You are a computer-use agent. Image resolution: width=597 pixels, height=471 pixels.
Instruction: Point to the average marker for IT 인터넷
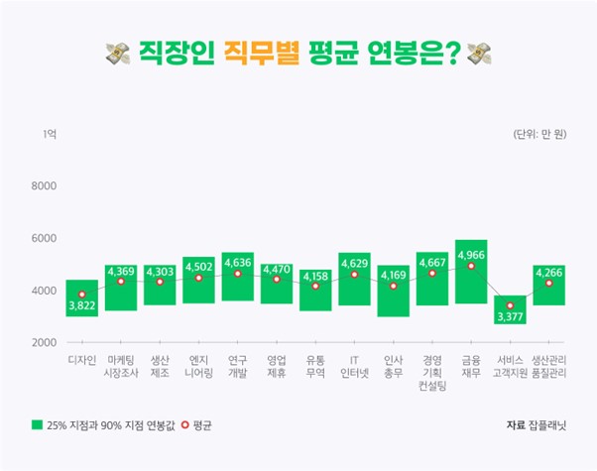point(354,274)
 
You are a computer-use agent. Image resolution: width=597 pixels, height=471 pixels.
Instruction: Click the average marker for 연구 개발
point(237,273)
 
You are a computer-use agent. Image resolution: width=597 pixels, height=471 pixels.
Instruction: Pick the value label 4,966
point(471,255)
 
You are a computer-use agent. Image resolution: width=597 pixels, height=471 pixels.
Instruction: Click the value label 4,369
point(120,271)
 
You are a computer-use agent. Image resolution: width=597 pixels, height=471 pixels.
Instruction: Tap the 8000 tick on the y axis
point(46,185)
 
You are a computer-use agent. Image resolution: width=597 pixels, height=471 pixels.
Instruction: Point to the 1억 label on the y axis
point(50,134)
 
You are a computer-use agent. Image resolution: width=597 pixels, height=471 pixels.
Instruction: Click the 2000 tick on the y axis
point(46,342)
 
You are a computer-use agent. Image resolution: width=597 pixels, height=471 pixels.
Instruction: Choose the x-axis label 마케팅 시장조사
point(120,366)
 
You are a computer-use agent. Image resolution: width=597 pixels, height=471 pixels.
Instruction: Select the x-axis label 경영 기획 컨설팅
point(432,372)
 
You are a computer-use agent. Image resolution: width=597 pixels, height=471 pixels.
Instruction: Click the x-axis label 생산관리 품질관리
point(548,366)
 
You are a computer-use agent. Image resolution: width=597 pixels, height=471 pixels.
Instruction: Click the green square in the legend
point(37,425)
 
